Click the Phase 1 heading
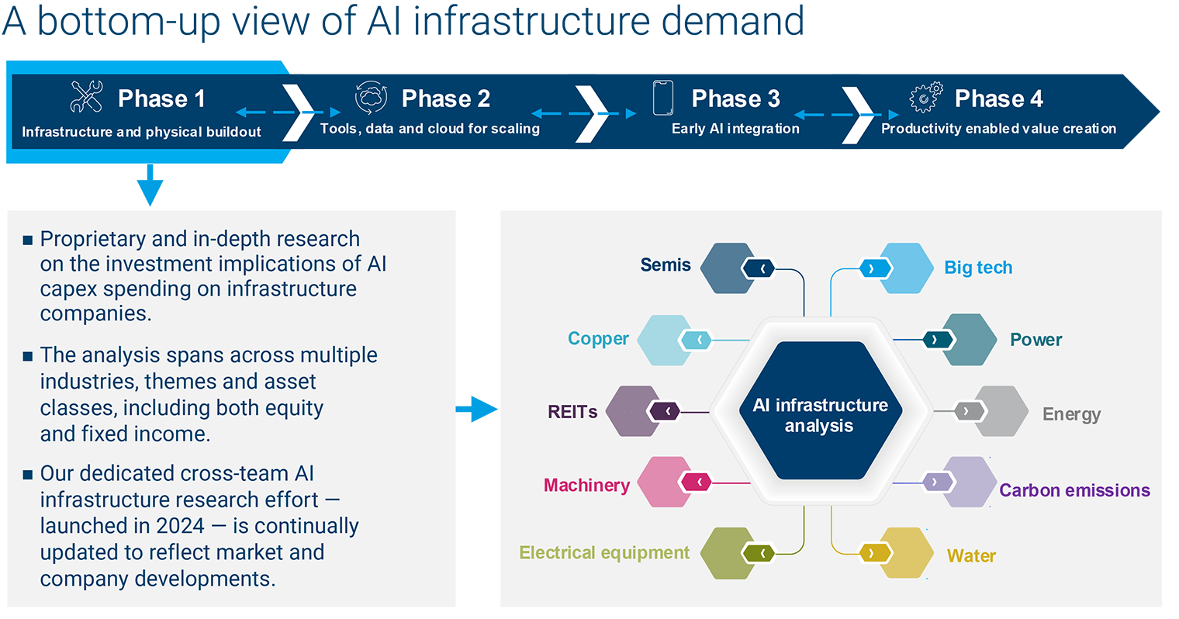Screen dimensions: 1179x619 pyautogui.click(x=161, y=99)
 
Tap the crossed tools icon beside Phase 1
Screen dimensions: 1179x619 pyautogui.click(x=87, y=96)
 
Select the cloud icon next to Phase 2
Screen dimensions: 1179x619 pyautogui.click(x=371, y=98)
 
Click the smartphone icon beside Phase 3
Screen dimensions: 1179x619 pyautogui.click(x=662, y=98)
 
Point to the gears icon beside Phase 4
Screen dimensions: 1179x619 pyautogui.click(x=926, y=97)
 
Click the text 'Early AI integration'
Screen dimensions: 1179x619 pyautogui.click(x=735, y=129)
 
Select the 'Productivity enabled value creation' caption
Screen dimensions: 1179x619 pyautogui.click(x=998, y=129)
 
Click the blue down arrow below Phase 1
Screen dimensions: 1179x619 pyautogui.click(x=150, y=185)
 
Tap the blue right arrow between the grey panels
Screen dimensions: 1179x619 pyautogui.click(x=477, y=409)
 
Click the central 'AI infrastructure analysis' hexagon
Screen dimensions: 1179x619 pyautogui.click(x=821, y=410)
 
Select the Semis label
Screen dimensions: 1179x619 pyautogui.click(x=666, y=265)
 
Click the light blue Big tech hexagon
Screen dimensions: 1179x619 pyautogui.click(x=905, y=268)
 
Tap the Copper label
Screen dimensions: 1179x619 pyautogui.click(x=598, y=338)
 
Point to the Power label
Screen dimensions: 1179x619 pyautogui.click(x=1036, y=340)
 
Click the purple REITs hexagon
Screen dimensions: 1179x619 pyautogui.click(x=634, y=411)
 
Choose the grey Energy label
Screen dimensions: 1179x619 pyautogui.click(x=1072, y=414)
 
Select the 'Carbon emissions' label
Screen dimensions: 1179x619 pyautogui.click(x=1074, y=490)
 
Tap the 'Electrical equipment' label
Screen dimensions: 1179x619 pyautogui.click(x=604, y=552)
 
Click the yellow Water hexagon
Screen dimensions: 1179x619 pyautogui.click(x=905, y=552)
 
